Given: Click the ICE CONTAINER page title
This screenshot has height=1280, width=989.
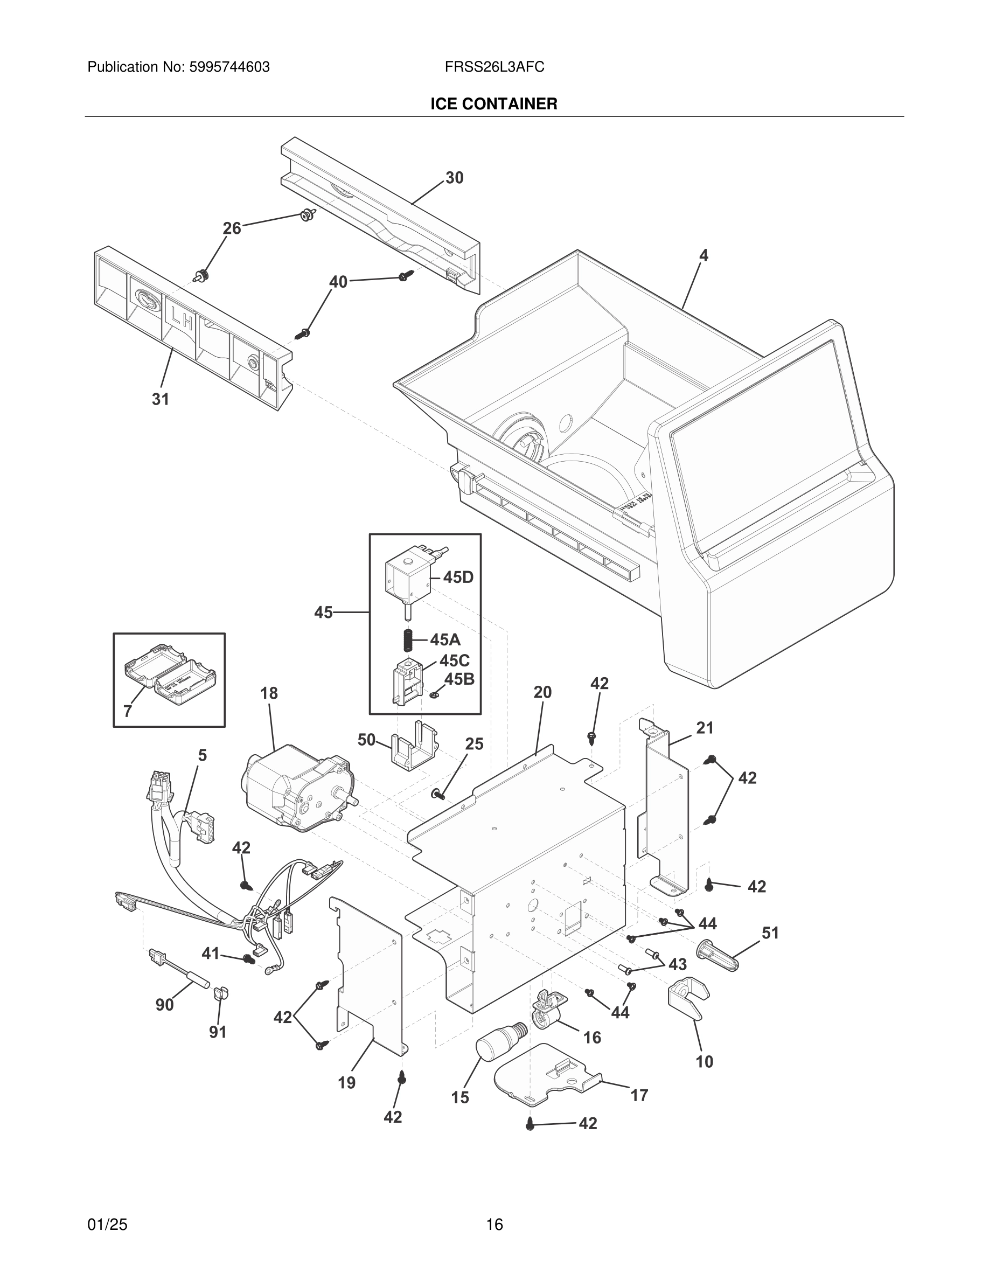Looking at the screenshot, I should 493,104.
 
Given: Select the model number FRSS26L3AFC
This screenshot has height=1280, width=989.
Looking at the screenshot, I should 494,67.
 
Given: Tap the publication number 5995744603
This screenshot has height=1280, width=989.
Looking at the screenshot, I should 229,67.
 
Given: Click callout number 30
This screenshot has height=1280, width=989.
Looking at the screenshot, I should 454,178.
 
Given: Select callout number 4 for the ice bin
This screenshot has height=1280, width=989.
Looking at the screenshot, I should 703,255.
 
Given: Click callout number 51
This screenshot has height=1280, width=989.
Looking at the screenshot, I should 770,933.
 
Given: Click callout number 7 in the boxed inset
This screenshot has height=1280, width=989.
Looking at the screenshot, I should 128,711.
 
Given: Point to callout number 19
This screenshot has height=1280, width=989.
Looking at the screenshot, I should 346,1082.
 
